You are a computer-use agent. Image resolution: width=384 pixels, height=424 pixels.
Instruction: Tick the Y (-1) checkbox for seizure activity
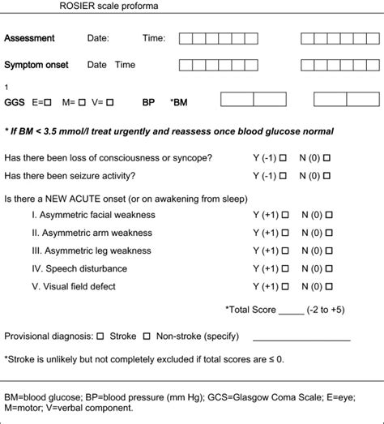click(283, 176)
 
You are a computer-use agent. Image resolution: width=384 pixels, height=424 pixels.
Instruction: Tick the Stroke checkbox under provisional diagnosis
click(100, 336)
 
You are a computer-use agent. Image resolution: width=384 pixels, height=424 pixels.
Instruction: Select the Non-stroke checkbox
click(147, 336)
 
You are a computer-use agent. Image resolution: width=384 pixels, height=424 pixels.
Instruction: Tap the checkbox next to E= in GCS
click(49, 102)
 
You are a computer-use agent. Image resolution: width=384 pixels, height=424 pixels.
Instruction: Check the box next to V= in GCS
click(110, 102)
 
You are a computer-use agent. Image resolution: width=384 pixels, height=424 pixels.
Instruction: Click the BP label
click(148, 102)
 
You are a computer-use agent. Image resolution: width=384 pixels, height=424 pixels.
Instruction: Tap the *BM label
click(181, 102)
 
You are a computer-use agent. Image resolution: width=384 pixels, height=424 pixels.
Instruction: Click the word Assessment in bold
click(29, 38)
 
